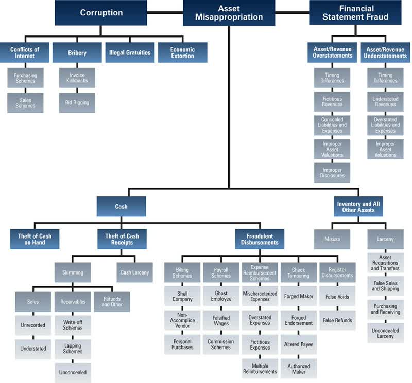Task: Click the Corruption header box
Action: [101, 13]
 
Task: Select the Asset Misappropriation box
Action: [229, 13]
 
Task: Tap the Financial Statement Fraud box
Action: [355, 13]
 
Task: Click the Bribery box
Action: [77, 52]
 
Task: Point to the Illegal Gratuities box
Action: [129, 52]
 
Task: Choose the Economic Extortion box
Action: [182, 52]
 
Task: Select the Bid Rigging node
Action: [77, 102]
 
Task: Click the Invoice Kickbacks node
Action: [77, 78]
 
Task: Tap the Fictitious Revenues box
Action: [332, 101]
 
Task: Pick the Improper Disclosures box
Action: [332, 172]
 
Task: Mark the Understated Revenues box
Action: [386, 101]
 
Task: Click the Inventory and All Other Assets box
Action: [358, 207]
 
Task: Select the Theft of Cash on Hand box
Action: [35, 240]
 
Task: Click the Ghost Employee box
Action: [221, 296]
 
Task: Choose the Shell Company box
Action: [182, 296]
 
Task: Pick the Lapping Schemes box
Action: [73, 348]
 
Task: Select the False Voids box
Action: [337, 296]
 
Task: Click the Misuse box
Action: [332, 239]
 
